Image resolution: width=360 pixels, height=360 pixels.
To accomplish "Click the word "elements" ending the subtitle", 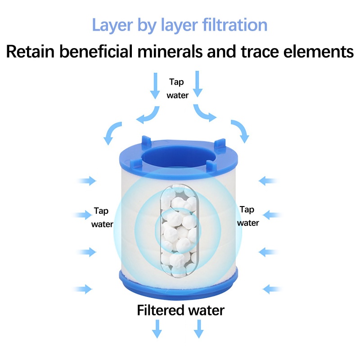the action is (x=313, y=52).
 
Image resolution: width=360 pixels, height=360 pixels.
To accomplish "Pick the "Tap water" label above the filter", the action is (x=177, y=88).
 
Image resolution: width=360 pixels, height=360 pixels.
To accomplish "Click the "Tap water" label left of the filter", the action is (x=102, y=217).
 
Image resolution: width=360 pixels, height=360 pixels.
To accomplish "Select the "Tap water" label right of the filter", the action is (x=248, y=216).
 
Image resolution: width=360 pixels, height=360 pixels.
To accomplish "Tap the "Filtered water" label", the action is (x=180, y=310).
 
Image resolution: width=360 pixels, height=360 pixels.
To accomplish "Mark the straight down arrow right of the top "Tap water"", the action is (x=198, y=84).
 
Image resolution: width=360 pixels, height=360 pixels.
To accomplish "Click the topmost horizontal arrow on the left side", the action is (x=86, y=181).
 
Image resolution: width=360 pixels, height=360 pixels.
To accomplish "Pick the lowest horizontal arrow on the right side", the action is (x=272, y=288).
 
